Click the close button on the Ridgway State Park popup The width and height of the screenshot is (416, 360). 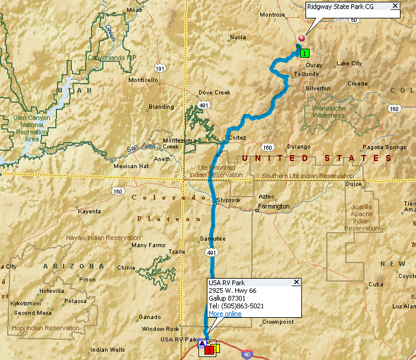click(x=395, y=7)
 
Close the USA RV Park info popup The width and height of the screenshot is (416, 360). click(x=296, y=282)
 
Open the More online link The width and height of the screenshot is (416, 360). click(x=225, y=314)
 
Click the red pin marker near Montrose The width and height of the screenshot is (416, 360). click(x=301, y=39)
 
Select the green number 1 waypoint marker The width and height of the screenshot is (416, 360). click(x=305, y=53)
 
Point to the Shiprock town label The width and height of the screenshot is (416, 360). click(x=229, y=200)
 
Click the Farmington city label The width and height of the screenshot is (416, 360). click(x=273, y=207)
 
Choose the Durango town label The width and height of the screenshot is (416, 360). click(x=298, y=147)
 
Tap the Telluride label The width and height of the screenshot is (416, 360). click(x=307, y=74)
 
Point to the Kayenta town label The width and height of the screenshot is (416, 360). click(x=90, y=211)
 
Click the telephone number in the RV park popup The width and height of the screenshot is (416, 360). click(x=236, y=306)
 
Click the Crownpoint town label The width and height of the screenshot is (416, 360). click(x=278, y=322)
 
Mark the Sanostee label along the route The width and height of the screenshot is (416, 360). click(x=213, y=239)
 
